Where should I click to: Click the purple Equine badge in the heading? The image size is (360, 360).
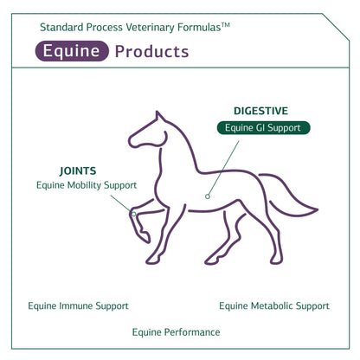[72, 51]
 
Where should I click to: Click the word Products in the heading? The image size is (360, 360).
[151, 52]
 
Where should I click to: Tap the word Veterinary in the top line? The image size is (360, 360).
[150, 28]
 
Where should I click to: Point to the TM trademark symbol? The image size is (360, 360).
[226, 25]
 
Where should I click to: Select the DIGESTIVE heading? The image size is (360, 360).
[260, 111]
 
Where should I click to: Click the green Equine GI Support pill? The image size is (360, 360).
[263, 128]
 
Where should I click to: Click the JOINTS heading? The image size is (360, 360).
[78, 171]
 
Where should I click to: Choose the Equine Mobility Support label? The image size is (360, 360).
[87, 185]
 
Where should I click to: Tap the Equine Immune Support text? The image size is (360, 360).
[78, 306]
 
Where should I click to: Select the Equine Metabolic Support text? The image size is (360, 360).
[274, 306]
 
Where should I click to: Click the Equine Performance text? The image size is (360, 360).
[176, 332]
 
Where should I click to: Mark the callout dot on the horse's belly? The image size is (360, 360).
[208, 196]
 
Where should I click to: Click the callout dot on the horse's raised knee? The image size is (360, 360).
[133, 214]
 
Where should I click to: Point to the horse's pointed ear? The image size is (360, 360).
[159, 117]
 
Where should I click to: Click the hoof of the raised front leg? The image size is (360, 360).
[145, 236]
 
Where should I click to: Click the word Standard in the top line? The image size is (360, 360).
[61, 28]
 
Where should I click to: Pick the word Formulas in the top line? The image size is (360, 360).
[199, 28]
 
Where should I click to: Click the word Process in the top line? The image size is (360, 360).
[105, 28]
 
